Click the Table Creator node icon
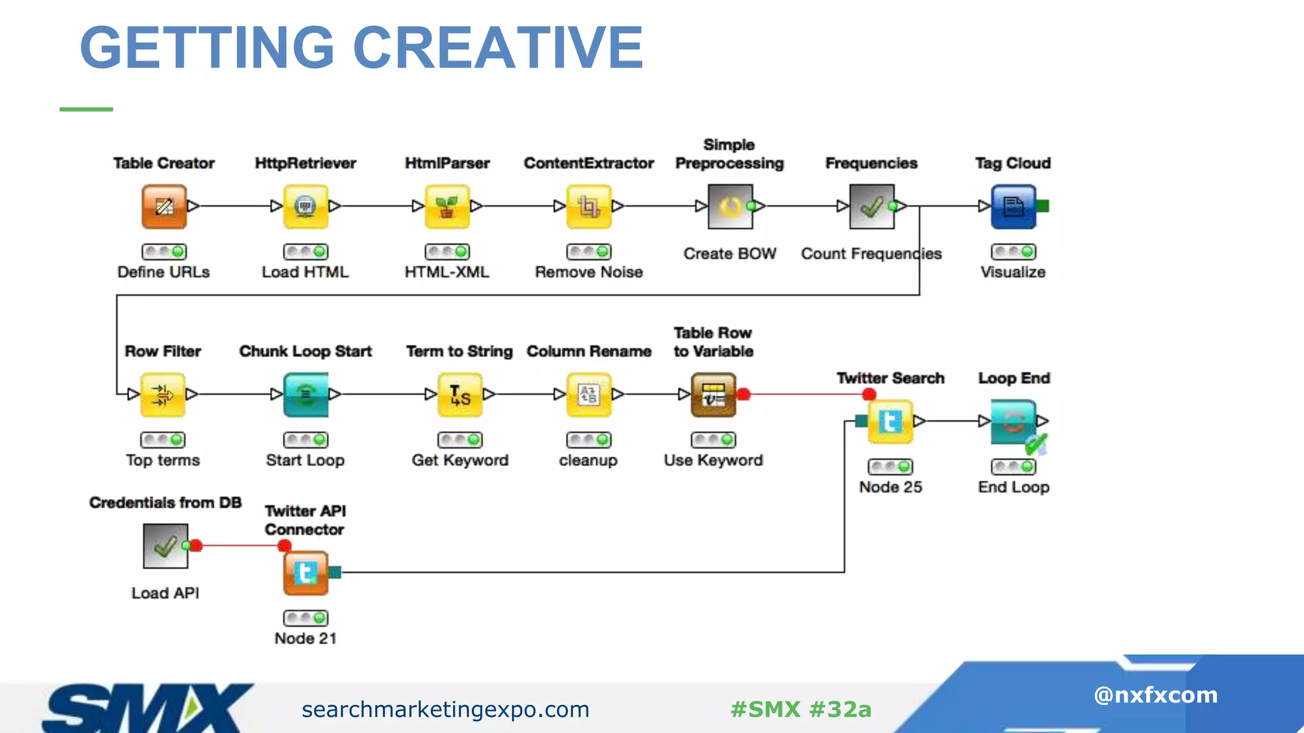(164, 206)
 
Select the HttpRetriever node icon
(306, 206)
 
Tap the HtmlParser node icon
(447, 206)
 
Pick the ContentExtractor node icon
(589, 206)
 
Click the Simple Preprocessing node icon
(730, 206)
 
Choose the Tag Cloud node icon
(1014, 206)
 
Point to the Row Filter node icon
(162, 394)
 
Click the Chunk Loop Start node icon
(306, 394)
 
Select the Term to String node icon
(460, 394)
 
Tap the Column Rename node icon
(589, 394)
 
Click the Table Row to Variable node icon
(713, 394)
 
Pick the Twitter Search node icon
(890, 421)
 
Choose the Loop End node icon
(1014, 421)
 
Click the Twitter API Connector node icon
(306, 573)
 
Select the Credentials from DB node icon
(166, 546)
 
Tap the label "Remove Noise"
(589, 272)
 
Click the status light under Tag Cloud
(1014, 252)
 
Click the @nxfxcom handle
(1156, 695)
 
